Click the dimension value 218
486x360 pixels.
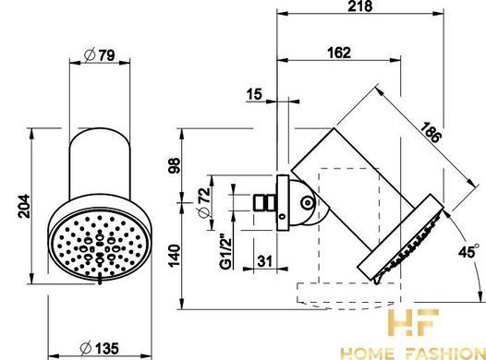pyautogui.click(x=359, y=6)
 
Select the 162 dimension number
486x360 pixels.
pyautogui.click(x=339, y=53)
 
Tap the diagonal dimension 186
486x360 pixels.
pyautogui.click(x=431, y=133)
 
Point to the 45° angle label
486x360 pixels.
pyautogui.click(x=468, y=251)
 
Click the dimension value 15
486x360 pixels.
pyautogui.click(x=254, y=94)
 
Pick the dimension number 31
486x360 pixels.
pyautogui.click(x=264, y=261)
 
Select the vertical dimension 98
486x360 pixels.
pyautogui.click(x=175, y=165)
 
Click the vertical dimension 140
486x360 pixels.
pyautogui.click(x=175, y=256)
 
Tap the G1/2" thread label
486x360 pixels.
pyautogui.click(x=226, y=253)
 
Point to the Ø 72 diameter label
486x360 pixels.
pyautogui.click(x=204, y=203)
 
